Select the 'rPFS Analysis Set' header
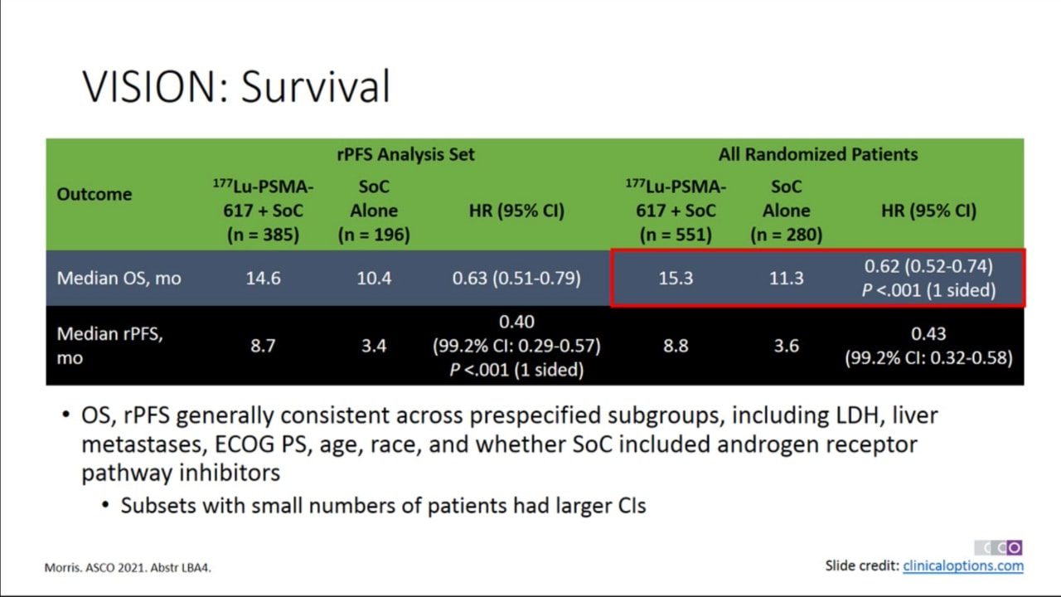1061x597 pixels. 405,154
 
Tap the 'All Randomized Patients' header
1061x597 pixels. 818,154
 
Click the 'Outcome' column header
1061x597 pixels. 94,194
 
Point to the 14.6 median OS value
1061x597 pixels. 263,278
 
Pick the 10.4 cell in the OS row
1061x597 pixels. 374,278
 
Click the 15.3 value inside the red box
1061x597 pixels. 676,278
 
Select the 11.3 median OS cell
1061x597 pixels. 787,278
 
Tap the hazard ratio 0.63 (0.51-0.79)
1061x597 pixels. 516,278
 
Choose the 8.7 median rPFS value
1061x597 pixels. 263,346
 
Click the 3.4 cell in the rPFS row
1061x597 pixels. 374,346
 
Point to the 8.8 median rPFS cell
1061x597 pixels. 676,346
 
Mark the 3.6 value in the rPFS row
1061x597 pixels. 787,346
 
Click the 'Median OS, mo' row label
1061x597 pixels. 119,278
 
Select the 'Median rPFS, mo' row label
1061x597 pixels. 110,346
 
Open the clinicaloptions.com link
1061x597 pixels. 963,565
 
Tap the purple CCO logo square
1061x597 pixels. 1014,548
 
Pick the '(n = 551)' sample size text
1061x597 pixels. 676,235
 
